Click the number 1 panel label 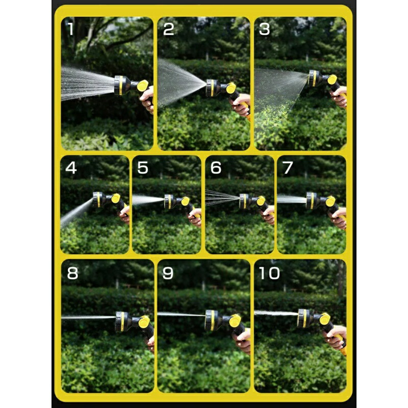pos(71,29)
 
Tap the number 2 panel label pos(169,29)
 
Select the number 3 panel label pos(264,29)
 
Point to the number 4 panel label pos(71,168)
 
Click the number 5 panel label pos(143,168)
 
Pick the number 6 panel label pos(216,168)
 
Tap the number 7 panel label pos(288,168)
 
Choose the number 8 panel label pos(72,273)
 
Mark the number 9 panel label pos(168,273)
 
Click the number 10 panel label pos(270,273)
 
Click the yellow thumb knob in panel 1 pos(143,86)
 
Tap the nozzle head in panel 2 pos(213,88)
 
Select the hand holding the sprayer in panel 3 pos(339,96)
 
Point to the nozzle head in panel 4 pos(99,199)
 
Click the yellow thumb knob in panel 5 pos(185,201)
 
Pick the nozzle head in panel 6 pos(245,201)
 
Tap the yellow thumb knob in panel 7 pos(330,201)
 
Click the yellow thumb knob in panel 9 pos(235,321)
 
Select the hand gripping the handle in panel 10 pos(336,337)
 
